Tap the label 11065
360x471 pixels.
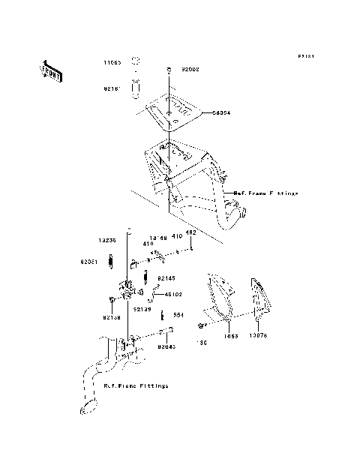[x=112, y=64]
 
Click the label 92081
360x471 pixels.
[x=91, y=262]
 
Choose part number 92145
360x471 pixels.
[x=166, y=277]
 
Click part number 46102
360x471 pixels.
[x=175, y=295]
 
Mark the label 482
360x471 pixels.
[x=190, y=232]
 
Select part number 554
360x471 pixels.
[x=178, y=315]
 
